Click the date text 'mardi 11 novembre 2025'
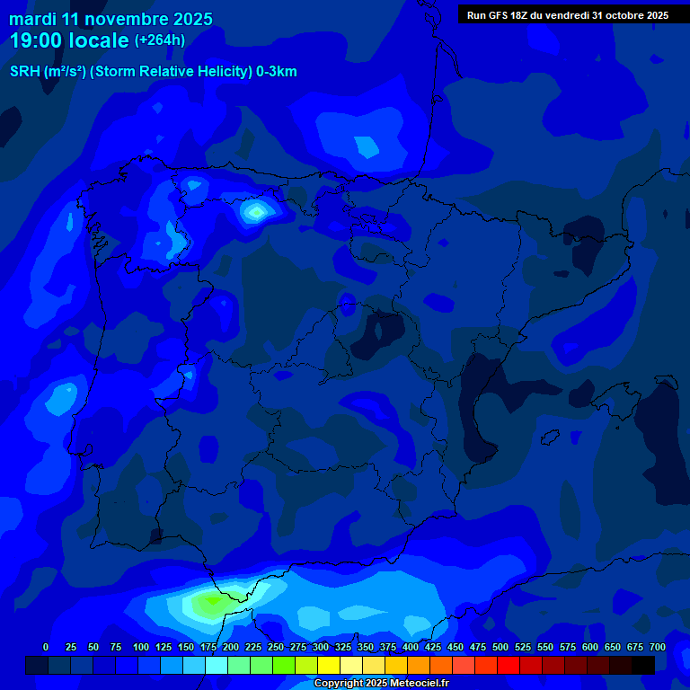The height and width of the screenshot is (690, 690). click(x=111, y=19)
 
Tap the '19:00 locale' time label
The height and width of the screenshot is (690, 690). click(x=69, y=40)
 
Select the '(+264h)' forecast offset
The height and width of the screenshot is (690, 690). click(x=160, y=40)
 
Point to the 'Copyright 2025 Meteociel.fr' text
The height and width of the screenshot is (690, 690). click(x=381, y=684)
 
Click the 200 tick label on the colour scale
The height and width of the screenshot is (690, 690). click(x=231, y=648)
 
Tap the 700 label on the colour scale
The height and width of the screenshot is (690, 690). click(x=657, y=648)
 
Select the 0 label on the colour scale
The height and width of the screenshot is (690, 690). click(x=46, y=648)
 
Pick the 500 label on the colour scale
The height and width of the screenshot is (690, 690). click(x=500, y=648)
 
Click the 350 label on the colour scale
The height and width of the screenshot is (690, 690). click(x=366, y=648)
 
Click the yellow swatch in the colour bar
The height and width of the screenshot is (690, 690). click(x=329, y=665)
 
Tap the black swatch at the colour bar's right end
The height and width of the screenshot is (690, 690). click(x=643, y=665)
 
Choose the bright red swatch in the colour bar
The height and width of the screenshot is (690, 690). click(x=509, y=665)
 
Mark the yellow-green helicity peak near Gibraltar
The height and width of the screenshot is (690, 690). click(x=208, y=604)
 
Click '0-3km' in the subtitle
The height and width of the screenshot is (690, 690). click(x=276, y=72)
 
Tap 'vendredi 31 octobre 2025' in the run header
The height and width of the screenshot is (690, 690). click(x=612, y=15)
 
